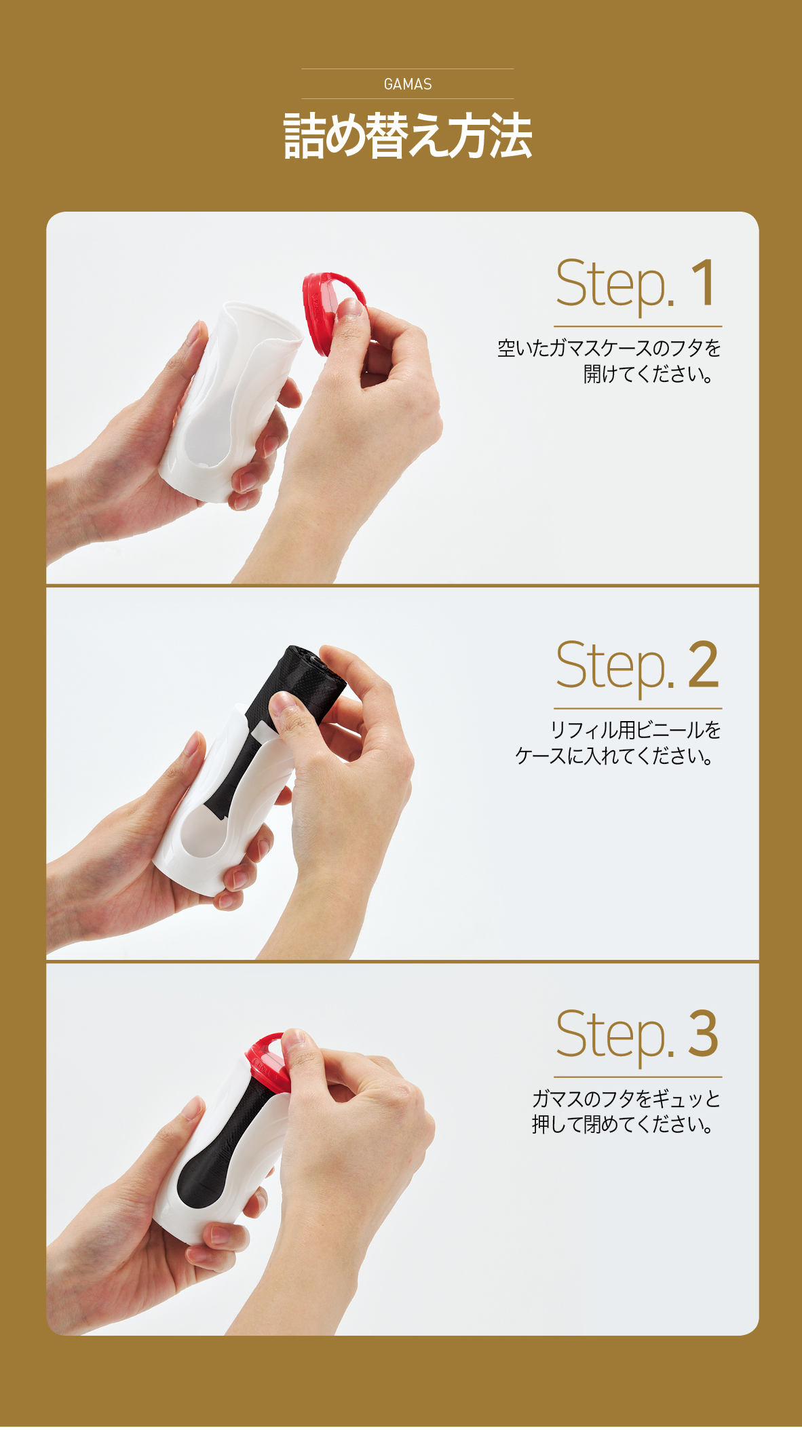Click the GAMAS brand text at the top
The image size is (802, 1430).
coord(407,84)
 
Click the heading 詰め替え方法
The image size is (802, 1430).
coord(407,136)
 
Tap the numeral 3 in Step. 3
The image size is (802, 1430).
coord(703,1034)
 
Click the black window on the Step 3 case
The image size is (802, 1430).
coord(217,1146)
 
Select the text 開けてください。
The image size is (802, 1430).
coord(649,374)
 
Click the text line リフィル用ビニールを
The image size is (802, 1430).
coord(635,730)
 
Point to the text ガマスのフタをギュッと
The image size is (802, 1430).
coord(626,1098)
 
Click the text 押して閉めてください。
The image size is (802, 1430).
coord(623,1124)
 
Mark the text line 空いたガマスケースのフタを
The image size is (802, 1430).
coord(609,348)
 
